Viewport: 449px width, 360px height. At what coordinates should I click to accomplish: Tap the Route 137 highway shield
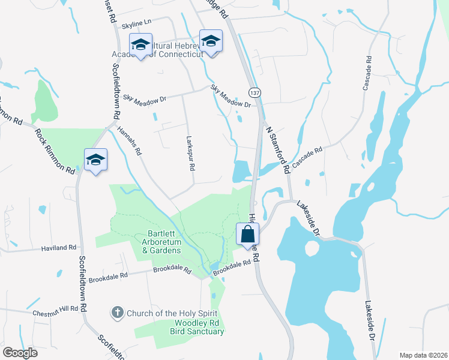click(255, 93)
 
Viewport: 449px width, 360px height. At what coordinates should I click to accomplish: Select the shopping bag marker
click(247, 234)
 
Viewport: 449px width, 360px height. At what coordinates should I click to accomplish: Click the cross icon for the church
click(118, 312)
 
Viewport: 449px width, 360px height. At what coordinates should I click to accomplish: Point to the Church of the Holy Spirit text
click(170, 313)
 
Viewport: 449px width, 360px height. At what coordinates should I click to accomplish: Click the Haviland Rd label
click(59, 247)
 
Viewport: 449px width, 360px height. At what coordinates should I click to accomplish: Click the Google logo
click(20, 352)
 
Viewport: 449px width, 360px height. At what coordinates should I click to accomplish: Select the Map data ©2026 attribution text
click(423, 355)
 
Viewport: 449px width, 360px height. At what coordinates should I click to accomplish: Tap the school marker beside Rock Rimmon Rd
click(95, 161)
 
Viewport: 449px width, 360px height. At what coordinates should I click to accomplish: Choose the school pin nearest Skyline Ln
click(141, 45)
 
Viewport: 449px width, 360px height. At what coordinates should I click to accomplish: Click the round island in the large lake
click(312, 248)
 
